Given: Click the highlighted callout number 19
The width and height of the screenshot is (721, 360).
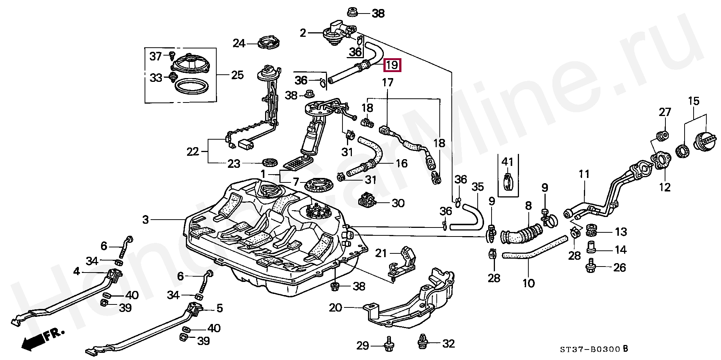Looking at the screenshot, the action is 392,65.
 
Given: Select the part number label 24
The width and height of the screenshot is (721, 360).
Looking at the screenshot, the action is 239,44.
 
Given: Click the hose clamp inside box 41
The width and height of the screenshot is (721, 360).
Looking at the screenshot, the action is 508,182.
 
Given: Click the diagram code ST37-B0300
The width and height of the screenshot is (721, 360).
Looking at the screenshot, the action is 590,349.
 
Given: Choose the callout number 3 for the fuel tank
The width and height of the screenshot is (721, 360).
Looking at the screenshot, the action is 146,220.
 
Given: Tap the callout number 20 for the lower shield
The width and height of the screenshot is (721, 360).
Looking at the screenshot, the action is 336,308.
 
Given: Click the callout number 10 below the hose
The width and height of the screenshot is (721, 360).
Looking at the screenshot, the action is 528,283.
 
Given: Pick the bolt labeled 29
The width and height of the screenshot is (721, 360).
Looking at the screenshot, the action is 388,346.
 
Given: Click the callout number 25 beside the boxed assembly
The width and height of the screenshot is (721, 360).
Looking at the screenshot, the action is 237,75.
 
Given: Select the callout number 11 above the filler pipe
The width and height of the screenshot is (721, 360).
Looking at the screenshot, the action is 584,175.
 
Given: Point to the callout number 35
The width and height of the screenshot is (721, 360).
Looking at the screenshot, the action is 478,187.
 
